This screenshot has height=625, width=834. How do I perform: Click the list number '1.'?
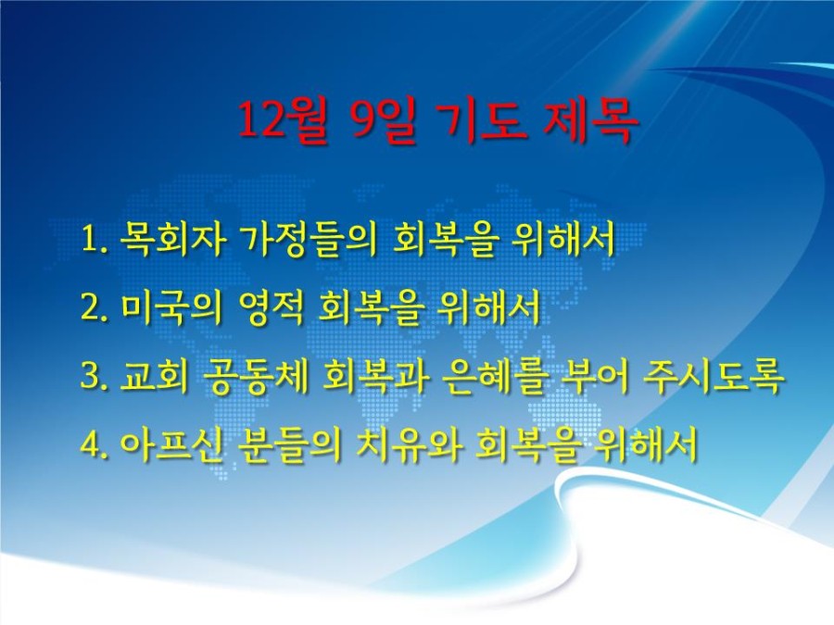click(95, 239)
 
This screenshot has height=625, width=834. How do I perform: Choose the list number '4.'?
click(95, 444)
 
